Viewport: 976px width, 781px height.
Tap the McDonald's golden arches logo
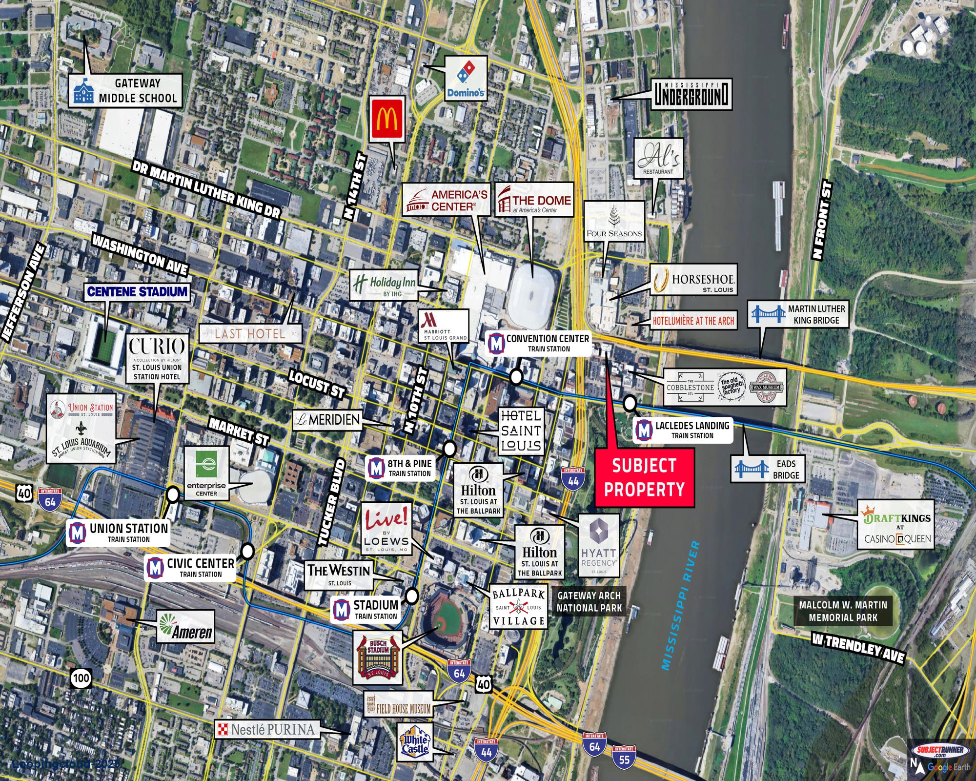[386, 119]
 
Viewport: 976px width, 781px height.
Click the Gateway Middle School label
[125, 91]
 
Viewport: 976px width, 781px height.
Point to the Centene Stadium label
[137, 292]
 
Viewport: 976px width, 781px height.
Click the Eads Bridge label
[767, 469]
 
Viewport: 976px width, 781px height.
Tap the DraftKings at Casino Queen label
[896, 524]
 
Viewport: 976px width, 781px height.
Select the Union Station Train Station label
[118, 533]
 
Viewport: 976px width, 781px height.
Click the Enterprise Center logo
[206, 473]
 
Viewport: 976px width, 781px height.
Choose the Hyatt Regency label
[598, 545]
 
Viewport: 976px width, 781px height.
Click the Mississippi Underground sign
[692, 94]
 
